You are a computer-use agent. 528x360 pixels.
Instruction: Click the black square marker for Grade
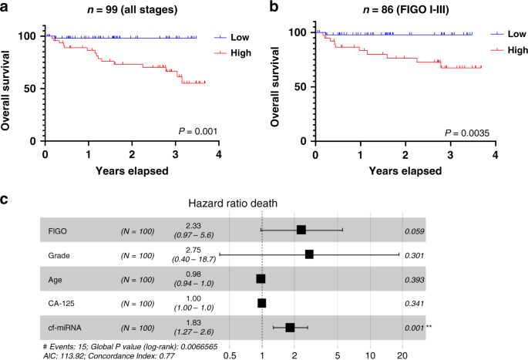click(309, 254)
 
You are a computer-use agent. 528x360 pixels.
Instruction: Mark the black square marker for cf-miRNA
click(290, 328)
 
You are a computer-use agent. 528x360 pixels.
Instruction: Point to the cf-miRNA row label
click(64, 328)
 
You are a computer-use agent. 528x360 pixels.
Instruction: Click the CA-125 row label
click(62, 303)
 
